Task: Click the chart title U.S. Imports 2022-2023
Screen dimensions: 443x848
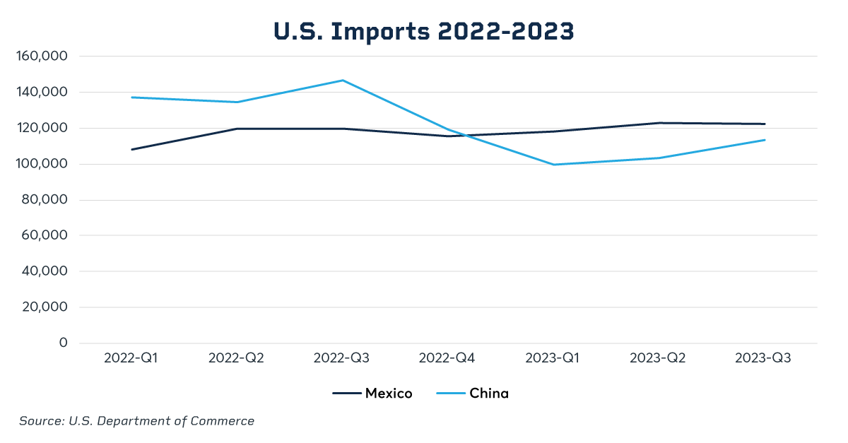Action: click(423, 31)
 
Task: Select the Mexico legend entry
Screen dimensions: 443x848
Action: click(372, 394)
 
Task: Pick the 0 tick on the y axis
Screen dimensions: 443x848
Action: click(63, 343)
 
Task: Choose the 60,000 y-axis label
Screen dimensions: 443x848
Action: click(44, 236)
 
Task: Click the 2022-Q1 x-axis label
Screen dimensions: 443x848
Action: click(131, 358)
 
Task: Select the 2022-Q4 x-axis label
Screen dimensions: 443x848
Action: click(447, 358)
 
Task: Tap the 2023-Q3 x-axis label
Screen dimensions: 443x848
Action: click(763, 358)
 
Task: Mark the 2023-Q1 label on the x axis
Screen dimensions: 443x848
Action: click(553, 358)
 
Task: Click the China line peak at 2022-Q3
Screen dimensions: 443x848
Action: click(342, 81)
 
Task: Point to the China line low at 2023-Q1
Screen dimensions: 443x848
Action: click(553, 165)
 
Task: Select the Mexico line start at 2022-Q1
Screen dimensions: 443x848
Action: click(131, 149)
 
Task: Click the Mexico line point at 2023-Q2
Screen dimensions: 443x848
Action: click(659, 123)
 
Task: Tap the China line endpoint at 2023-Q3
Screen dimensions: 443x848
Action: click(764, 140)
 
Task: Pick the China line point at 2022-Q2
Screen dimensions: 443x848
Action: click(237, 102)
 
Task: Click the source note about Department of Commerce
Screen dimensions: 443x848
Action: click(136, 421)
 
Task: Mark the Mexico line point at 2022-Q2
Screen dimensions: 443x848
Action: click(237, 129)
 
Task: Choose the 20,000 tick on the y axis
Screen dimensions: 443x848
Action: click(44, 307)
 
